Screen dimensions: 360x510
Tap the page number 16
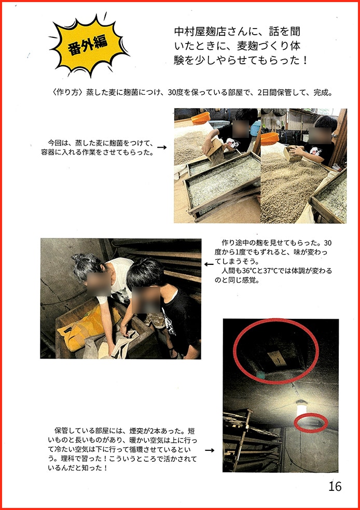[335, 486]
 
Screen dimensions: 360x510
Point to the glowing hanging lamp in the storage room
[301, 408]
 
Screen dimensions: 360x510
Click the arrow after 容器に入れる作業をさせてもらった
[162, 147]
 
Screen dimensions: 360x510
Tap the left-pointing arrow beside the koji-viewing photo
[209, 264]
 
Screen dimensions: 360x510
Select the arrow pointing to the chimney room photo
[210, 450]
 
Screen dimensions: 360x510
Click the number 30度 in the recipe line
[176, 92]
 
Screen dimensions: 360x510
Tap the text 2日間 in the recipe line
[268, 92]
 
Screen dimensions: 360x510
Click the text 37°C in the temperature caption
[271, 271]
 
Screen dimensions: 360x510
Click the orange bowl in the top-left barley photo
[201, 118]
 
